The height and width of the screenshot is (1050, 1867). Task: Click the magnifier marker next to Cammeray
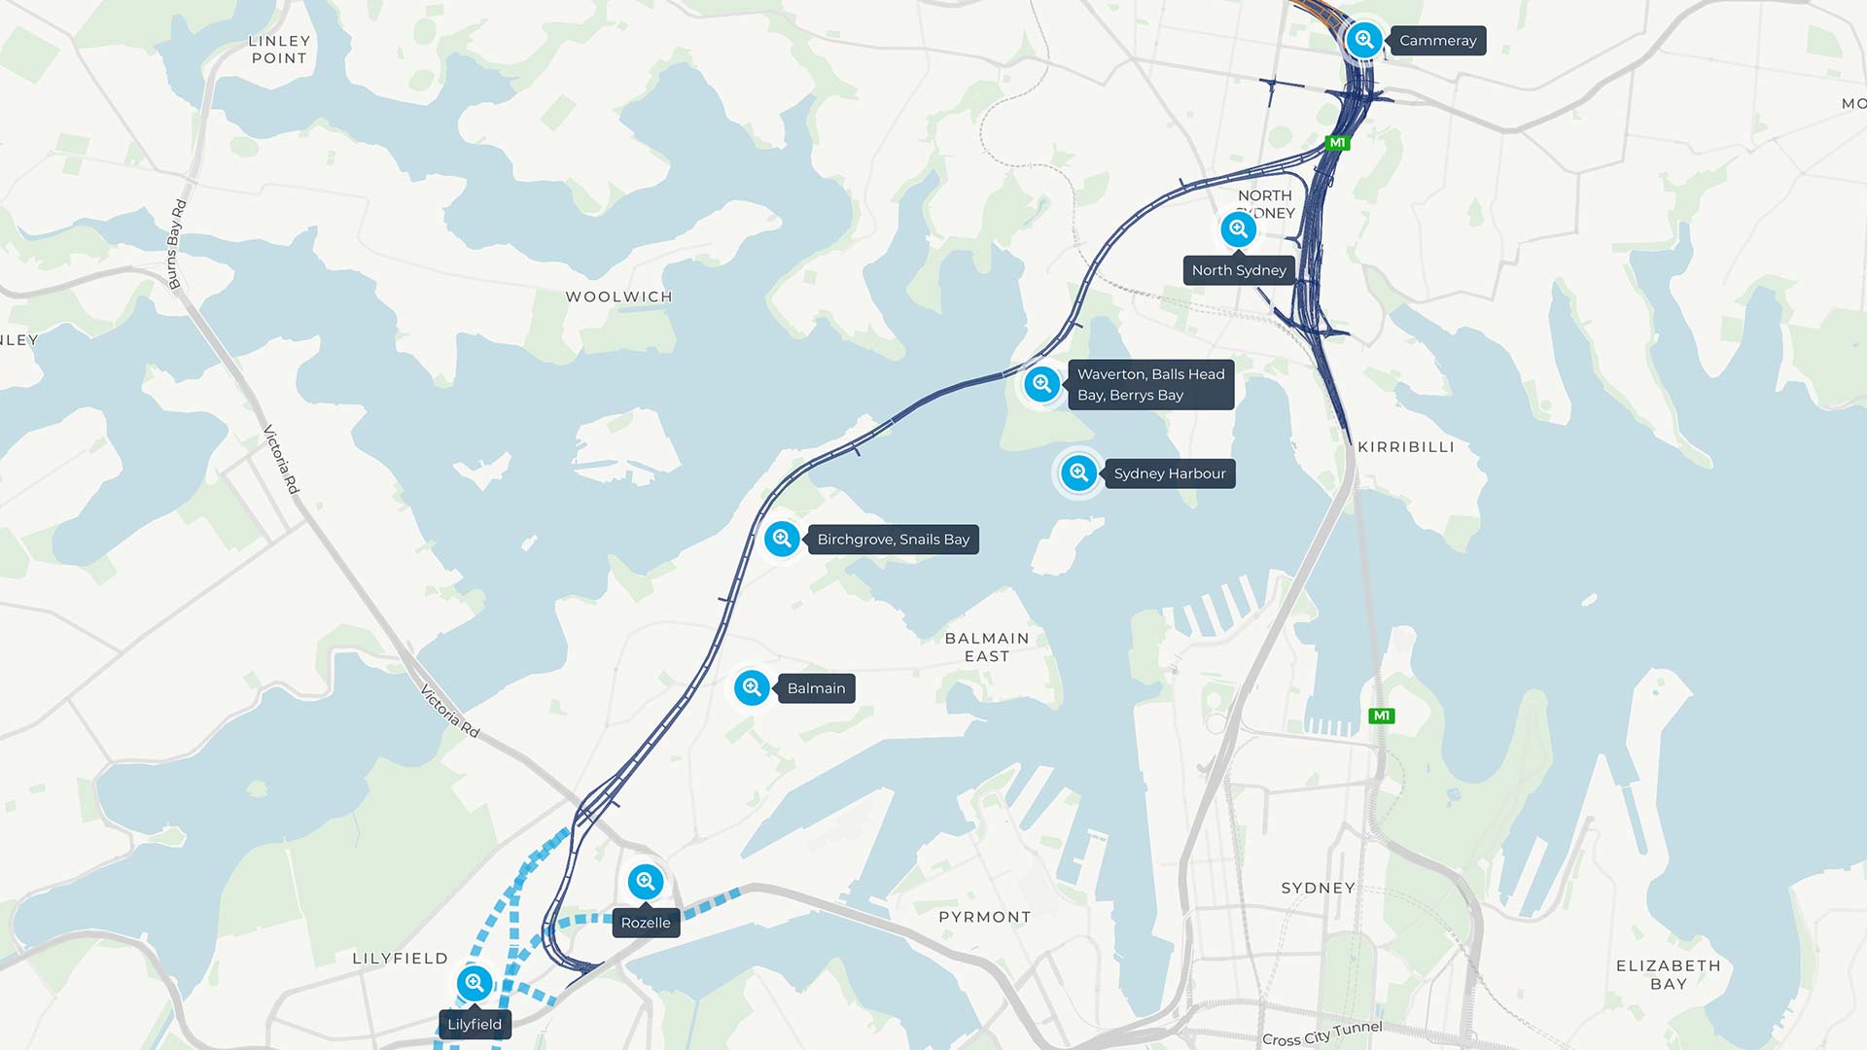[1364, 40]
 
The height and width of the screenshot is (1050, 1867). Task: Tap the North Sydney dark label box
[1239, 270]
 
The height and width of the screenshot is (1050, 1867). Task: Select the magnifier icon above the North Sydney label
[1238, 229]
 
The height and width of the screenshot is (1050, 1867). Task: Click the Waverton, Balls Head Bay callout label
[1150, 385]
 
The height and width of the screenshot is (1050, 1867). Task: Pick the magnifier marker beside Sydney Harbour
[1078, 473]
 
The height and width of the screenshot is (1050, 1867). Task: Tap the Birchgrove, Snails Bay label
[893, 540]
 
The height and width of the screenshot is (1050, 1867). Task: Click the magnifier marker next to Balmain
[752, 688]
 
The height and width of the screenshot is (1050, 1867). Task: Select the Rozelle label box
[646, 923]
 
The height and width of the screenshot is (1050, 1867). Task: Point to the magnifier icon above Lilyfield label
[475, 983]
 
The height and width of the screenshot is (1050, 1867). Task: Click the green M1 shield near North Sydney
[1337, 143]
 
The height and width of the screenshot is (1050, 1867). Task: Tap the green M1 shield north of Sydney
[1381, 716]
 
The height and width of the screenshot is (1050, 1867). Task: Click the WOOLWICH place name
[618, 297]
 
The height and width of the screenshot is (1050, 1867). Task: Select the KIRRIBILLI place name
[1405, 447]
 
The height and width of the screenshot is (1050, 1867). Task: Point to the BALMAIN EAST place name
[986, 647]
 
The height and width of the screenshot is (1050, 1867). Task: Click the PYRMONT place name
[984, 917]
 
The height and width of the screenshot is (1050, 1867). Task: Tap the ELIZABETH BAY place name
[1668, 974]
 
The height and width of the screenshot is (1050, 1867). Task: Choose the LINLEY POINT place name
[279, 50]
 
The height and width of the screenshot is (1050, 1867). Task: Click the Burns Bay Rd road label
[176, 245]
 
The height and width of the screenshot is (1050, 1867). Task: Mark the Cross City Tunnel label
[1321, 1033]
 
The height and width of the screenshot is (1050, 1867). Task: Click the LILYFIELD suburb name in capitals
[400, 959]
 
